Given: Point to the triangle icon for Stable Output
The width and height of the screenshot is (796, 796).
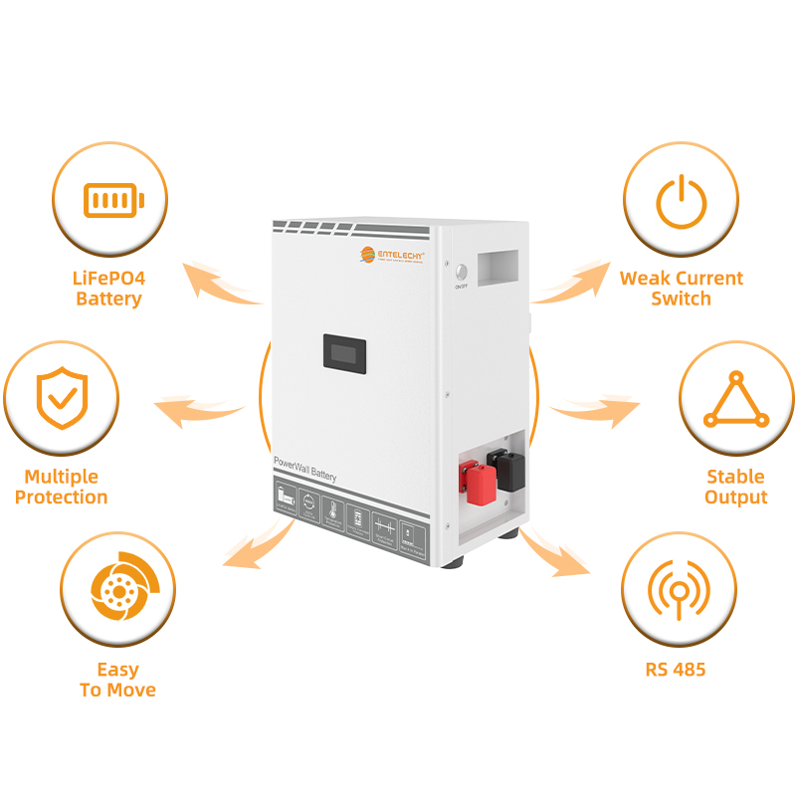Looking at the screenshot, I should [x=736, y=401].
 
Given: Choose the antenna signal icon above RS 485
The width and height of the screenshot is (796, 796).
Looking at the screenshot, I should [x=679, y=594].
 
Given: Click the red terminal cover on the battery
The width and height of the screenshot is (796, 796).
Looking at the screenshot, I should [x=478, y=484].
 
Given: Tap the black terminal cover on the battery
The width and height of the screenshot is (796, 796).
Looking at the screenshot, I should [x=507, y=471].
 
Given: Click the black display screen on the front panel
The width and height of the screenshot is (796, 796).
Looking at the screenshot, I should [x=344, y=352].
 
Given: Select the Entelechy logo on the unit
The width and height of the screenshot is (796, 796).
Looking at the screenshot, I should [x=392, y=256].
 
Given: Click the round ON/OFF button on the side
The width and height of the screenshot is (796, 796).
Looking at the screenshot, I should [x=461, y=272].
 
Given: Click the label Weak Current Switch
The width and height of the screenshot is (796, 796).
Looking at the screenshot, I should [x=682, y=289].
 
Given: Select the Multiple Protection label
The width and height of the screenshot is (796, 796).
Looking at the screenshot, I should [x=62, y=488].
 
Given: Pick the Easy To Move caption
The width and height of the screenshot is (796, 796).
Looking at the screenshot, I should [x=117, y=680].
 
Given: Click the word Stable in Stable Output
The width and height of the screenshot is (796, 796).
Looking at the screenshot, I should [x=735, y=477].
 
